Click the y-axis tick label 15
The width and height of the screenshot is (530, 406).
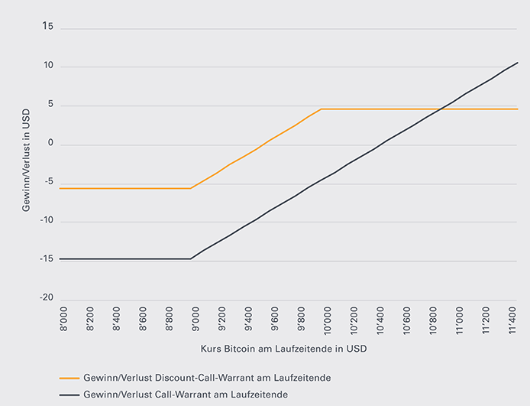tap(48, 28)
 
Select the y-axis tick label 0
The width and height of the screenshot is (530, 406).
tap(50, 144)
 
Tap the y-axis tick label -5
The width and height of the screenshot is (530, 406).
tap(48, 183)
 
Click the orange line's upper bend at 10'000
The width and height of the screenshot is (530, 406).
tap(322, 109)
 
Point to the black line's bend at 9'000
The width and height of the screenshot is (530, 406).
tap(191, 258)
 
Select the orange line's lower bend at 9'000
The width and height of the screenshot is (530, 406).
tap(190, 188)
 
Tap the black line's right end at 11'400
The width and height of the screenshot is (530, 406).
tap(518, 62)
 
